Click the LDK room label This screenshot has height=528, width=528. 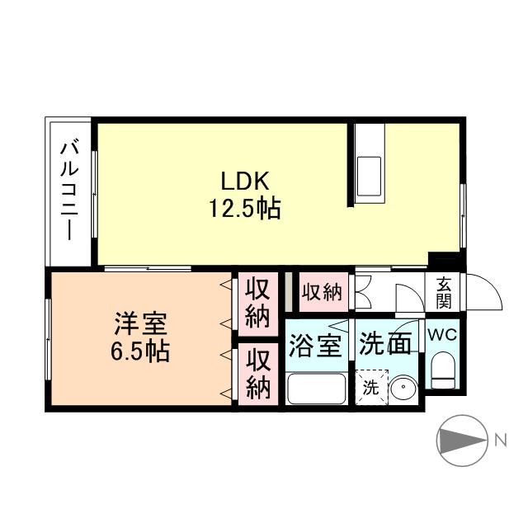[244, 181]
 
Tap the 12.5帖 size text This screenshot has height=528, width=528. [244, 209]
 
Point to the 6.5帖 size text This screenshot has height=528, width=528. [141, 352]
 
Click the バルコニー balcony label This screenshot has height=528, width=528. [69, 191]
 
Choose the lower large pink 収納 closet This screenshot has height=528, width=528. [258, 374]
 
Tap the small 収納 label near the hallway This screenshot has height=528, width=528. [321, 292]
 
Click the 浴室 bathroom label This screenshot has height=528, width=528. [314, 344]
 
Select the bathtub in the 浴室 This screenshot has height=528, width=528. [316, 387]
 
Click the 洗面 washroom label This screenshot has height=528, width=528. [385, 344]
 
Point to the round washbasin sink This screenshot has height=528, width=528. [402, 389]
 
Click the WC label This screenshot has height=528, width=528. [445, 336]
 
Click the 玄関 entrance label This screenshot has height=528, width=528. [444, 290]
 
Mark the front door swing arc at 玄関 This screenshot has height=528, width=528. [486, 294]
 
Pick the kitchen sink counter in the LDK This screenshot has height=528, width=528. [368, 169]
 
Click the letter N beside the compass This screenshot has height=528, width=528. [500, 441]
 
